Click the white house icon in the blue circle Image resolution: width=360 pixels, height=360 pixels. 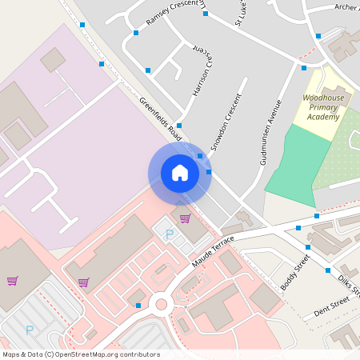(180, 172)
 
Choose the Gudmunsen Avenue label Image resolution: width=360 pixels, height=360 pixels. (271, 132)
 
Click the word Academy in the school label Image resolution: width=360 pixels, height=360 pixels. (323, 117)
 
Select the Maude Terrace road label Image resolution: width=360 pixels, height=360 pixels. (214, 250)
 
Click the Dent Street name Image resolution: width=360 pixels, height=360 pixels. (330, 305)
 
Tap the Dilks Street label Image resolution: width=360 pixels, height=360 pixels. (349, 284)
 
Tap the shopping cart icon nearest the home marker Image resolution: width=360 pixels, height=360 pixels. (185, 218)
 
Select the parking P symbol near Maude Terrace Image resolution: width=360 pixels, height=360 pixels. (169, 234)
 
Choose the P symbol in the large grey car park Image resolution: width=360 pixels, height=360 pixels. (30, 329)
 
